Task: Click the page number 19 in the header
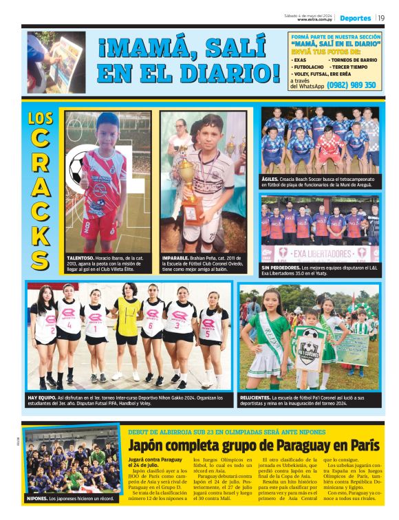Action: (x=381, y=18)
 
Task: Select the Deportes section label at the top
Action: (x=355, y=18)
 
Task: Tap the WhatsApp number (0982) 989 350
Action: (x=352, y=85)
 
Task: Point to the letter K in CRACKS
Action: (x=41, y=235)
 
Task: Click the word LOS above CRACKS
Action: (x=41, y=118)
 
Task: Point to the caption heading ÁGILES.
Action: (x=270, y=177)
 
